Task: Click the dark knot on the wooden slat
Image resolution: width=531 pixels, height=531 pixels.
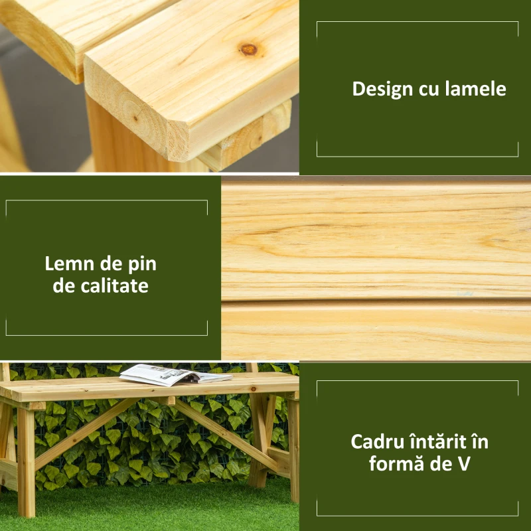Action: tap(249, 48)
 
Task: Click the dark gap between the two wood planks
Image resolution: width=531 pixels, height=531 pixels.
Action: tap(376, 301)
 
